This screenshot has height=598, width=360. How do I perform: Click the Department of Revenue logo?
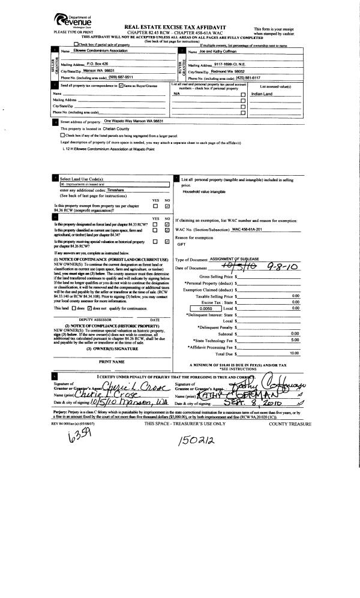coord(67,20)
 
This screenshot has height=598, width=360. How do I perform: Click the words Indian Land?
coord(263,94)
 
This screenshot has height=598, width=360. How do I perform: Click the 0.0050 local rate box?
coord(202,308)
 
